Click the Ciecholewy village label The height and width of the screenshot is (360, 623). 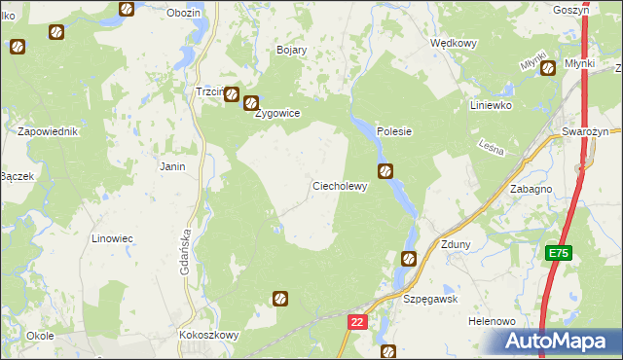340,186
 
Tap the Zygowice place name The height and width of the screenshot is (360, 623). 276,113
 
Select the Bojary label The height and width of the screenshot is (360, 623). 292,50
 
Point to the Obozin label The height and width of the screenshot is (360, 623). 183,13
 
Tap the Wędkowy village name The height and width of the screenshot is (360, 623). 454,43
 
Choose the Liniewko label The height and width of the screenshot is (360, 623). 490,105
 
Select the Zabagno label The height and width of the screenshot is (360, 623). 531,191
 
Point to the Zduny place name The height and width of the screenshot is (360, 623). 456,244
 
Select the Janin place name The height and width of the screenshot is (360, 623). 172,166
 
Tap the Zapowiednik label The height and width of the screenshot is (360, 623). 47,130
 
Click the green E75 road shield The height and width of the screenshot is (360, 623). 558,253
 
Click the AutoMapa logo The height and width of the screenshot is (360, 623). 559,342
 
